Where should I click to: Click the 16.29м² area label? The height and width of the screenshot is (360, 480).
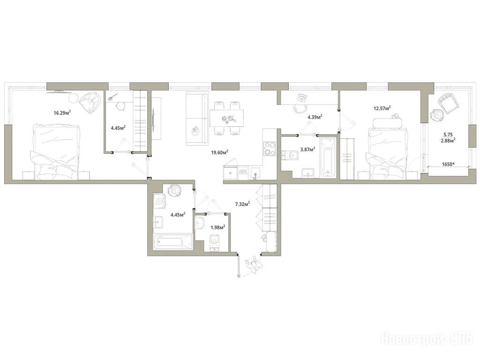62,112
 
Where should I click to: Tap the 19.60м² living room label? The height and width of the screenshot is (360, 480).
220,152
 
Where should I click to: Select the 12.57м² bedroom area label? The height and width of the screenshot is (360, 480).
382,108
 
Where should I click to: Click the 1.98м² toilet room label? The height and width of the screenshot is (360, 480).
217,227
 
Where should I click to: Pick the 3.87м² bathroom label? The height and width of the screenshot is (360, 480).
307,149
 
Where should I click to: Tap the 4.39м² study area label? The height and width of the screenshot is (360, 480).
315,117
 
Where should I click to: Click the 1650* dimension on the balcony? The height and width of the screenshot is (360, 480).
448,164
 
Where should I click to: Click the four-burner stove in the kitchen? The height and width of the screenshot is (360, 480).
270,148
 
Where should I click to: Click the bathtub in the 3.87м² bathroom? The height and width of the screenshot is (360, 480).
328,157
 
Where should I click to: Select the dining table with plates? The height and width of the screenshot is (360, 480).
227,118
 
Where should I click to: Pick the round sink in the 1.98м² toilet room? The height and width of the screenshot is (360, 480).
200,223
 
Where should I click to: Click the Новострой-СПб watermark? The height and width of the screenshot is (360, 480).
427,339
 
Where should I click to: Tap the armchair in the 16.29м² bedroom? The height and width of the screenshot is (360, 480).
90,102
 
